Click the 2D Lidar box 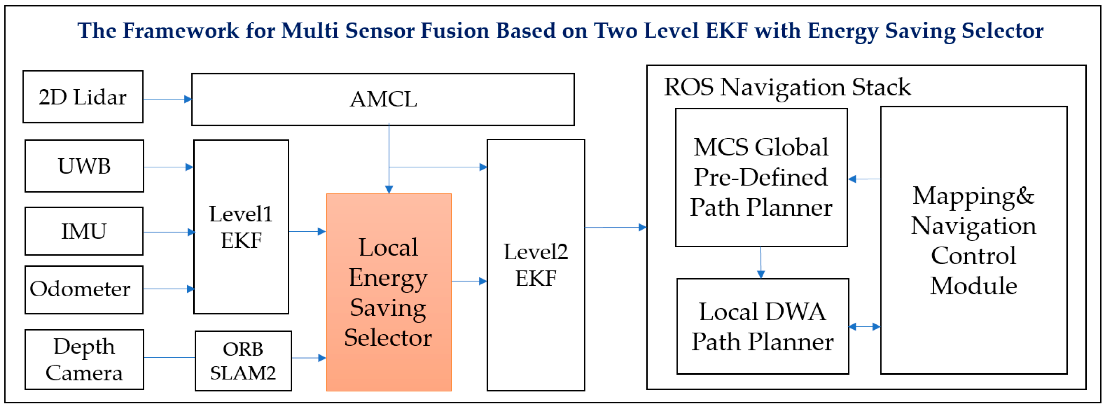pos(83,97)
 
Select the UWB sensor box pos(84,166)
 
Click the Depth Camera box pos(84,359)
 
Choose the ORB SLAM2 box pos(243,361)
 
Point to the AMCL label pos(383,99)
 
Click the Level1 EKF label pos(241,227)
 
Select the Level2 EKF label pos(536,265)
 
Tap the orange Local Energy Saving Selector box pos(388,292)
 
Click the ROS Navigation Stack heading pos(787,87)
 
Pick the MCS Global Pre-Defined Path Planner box pos(761,177)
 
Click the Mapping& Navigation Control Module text pos(973,240)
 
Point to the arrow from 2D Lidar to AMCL pos(167,99)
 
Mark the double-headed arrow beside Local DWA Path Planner pos(864,327)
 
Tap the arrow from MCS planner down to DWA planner pos(761,263)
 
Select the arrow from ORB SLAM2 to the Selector pos(308,358)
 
